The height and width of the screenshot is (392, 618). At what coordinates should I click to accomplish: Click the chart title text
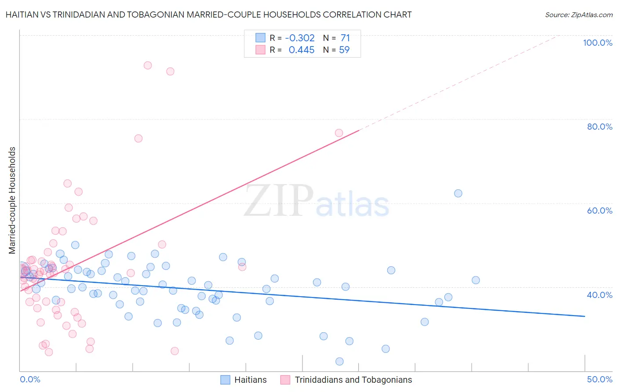click(208, 15)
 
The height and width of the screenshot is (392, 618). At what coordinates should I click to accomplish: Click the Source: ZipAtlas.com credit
click(578, 15)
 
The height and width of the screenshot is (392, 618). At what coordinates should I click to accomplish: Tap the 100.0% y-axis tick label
click(597, 43)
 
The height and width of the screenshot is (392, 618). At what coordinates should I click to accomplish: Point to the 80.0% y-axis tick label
click(600, 127)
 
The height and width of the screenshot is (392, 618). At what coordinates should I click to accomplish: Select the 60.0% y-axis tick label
click(600, 211)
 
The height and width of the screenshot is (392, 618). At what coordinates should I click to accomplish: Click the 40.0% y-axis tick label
click(600, 295)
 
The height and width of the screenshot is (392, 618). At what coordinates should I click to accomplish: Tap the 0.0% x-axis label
click(30, 379)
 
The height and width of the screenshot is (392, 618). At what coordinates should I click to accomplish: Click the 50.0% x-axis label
click(600, 379)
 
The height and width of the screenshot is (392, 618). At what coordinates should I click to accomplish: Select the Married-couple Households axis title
click(12, 200)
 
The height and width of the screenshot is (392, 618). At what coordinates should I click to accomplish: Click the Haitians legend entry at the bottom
click(244, 380)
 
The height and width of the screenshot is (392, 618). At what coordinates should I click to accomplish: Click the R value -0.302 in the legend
click(300, 38)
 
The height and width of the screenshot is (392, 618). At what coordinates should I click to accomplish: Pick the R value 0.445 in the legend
click(302, 50)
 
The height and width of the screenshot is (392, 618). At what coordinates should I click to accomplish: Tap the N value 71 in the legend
click(345, 38)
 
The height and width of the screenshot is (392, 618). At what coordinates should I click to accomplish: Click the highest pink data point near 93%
click(148, 65)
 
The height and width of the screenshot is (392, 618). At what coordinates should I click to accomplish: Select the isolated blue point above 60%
click(458, 193)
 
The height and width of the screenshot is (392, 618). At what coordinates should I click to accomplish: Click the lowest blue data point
click(339, 361)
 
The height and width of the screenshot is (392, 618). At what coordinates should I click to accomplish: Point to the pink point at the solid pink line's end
click(339, 133)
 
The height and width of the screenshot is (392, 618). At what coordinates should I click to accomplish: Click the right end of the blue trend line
click(585, 316)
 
